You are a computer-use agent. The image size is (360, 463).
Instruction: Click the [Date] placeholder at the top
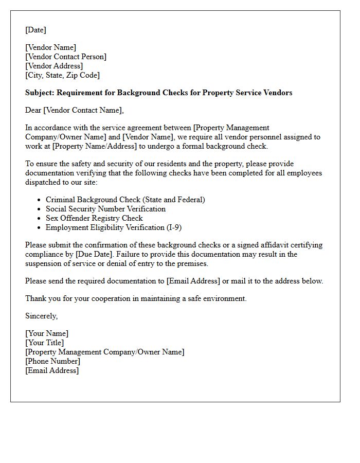coord(35,30)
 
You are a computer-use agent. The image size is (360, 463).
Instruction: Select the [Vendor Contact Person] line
coord(66,57)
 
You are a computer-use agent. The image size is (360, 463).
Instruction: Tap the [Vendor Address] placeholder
coord(54,66)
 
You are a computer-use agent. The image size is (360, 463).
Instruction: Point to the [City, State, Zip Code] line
coord(62,75)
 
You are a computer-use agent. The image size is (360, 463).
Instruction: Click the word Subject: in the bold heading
coord(40,93)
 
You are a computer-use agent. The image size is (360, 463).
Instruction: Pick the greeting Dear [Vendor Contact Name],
coord(75,110)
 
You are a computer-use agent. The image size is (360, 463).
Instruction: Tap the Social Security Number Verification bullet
coord(105,209)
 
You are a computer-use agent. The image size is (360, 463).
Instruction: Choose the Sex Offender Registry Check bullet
coord(94,218)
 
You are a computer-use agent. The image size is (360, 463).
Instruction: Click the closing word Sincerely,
coord(42,316)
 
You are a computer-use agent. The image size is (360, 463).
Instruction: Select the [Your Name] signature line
coord(47,333)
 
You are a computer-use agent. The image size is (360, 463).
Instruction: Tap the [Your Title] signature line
coord(45,343)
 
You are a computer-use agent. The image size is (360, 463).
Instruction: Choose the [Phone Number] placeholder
coord(52,361)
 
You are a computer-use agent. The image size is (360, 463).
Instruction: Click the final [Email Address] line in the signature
coord(52,370)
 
